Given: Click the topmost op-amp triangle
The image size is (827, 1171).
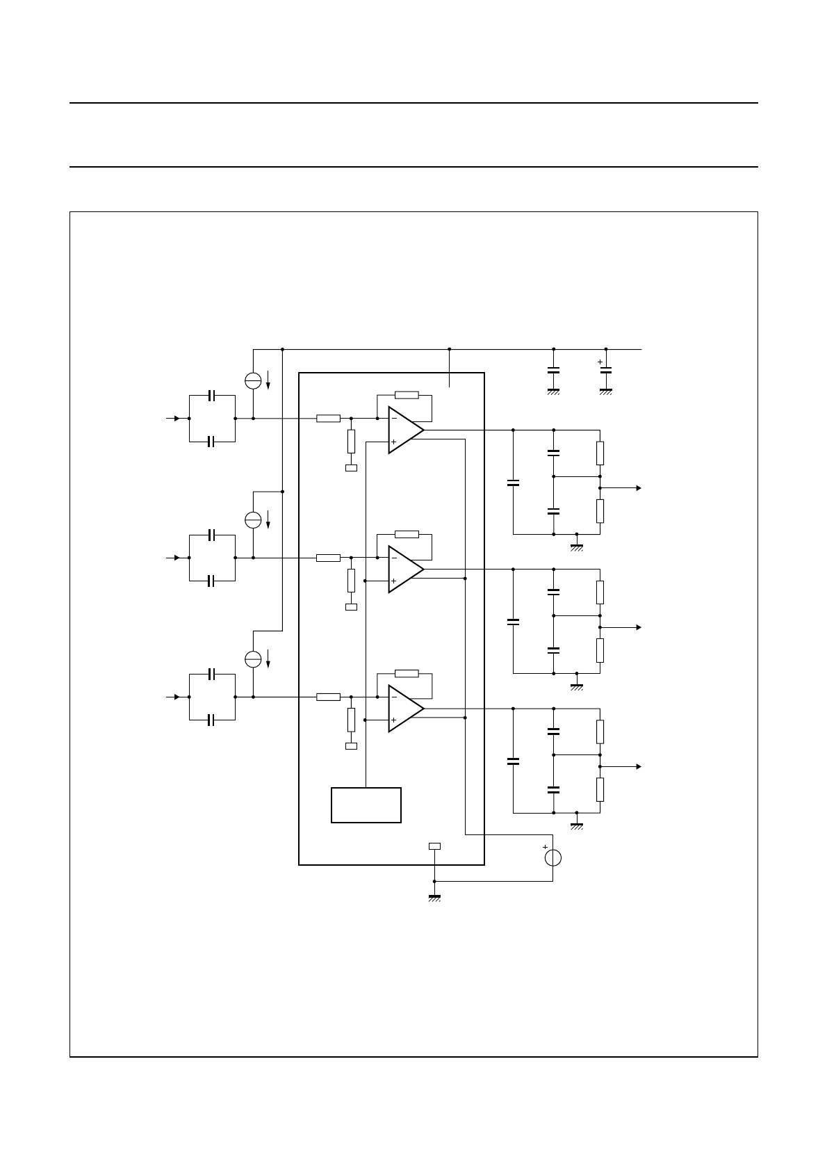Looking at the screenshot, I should pos(404,430).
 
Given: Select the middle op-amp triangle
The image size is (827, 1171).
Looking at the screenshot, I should pos(404,569).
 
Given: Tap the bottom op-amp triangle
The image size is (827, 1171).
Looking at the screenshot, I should pos(404,708).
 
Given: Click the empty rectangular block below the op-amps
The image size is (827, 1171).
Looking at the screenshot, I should pos(366,805).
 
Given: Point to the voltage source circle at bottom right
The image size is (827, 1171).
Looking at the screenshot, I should pos(552,857).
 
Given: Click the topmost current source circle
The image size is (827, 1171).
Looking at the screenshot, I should pos(253,380).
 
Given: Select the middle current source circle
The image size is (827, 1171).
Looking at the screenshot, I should pos(253,519).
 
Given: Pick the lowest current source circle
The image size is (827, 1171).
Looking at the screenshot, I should pos(253,659).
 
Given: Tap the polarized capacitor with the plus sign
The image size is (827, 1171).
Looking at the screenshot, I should pos(605,370).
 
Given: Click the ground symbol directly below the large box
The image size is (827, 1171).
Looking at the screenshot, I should pos(434,897).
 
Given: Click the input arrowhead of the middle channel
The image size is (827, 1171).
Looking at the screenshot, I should pos(177,558).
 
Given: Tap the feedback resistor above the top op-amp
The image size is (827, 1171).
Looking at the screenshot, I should pos(407,395).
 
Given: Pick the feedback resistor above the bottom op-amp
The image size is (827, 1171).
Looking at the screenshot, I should pos(407,673).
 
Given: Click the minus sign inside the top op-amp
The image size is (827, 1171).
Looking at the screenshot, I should pos(393,419).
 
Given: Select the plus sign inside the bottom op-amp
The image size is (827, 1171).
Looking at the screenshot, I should pos(393,720).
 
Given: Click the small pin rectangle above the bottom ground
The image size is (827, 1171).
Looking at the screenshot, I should pos(434,846).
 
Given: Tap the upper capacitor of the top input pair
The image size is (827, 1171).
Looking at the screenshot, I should pos(213,396).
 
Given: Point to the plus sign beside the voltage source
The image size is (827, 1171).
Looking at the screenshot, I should pos(545,847).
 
